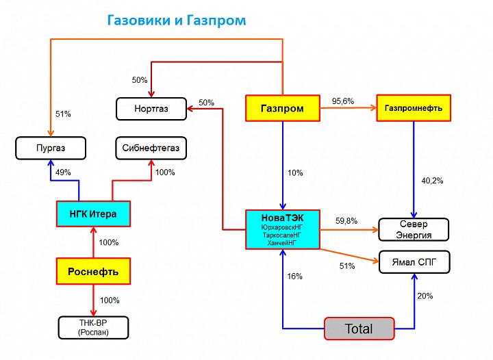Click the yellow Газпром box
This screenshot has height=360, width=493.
click(282, 108)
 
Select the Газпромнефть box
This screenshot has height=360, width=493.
click(413, 108)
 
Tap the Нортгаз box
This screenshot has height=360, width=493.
click(151, 107)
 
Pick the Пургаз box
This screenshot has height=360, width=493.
click(51, 147)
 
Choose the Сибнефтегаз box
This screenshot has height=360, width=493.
click(151, 147)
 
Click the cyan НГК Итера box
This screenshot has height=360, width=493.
click(92, 214)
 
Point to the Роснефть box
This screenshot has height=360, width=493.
click(93, 271)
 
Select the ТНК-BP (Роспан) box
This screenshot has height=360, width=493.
click(93, 328)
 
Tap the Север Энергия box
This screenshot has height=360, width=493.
click(414, 229)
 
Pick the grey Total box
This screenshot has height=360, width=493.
click(359, 329)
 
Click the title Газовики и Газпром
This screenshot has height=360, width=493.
click(176, 20)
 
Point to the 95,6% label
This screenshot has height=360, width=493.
click(342, 101)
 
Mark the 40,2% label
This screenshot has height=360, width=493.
click(432, 181)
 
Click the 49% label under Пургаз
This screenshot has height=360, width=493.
click(63, 172)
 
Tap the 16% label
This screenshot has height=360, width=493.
click(295, 277)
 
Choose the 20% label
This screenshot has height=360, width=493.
click(425, 296)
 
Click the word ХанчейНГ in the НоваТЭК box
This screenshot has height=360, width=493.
click(282, 242)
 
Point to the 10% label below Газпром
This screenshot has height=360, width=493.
click(295, 172)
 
